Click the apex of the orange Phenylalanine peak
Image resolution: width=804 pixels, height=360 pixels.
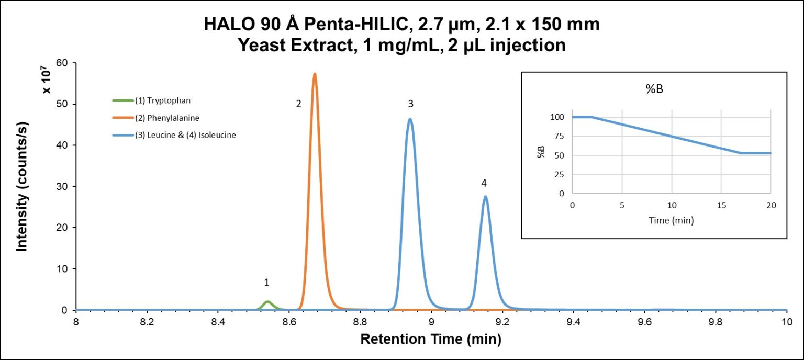click(x=315, y=74)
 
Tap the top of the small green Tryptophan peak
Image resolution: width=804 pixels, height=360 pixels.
click(x=267, y=301)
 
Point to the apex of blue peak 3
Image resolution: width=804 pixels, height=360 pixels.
click(x=410, y=119)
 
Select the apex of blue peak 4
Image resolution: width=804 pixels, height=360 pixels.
click(x=485, y=197)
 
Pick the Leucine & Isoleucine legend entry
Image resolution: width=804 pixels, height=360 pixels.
click(x=178, y=135)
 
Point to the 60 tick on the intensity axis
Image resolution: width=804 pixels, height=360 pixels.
click(x=62, y=63)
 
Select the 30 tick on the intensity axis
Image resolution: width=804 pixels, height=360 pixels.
click(x=62, y=187)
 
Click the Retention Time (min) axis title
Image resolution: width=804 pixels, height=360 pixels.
click(x=431, y=340)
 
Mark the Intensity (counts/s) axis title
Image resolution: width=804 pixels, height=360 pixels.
click(x=22, y=186)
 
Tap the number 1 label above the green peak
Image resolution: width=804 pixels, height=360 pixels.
click(x=266, y=283)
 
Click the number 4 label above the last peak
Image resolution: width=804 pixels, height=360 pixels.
click(x=484, y=183)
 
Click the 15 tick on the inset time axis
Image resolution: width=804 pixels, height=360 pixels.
click(x=721, y=205)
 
